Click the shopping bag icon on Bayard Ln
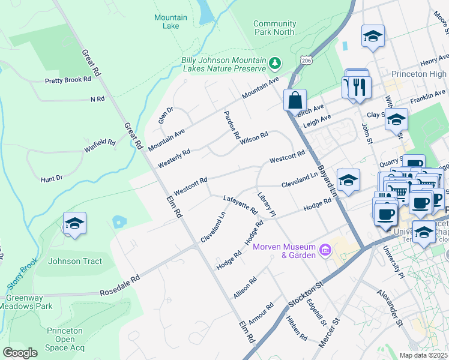(295, 100)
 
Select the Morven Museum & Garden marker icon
(325, 249)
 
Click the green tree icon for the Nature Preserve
(275, 62)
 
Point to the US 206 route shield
(307, 61)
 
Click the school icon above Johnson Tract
(74, 223)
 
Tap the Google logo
(20, 352)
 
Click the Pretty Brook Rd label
(68, 79)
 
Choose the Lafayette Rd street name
(240, 205)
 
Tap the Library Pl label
(266, 205)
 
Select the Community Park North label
(274, 28)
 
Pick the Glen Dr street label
(166, 115)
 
